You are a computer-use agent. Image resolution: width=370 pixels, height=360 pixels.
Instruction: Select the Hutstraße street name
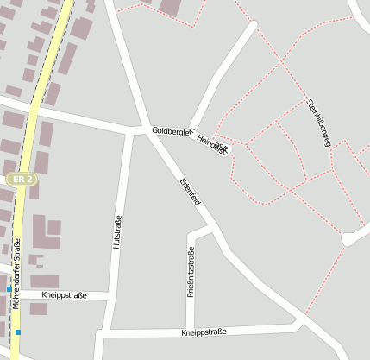tap(117, 232)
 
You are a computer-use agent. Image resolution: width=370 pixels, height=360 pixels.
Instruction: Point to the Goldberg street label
tap(170, 130)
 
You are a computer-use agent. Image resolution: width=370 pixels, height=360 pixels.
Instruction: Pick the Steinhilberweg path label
tap(318, 123)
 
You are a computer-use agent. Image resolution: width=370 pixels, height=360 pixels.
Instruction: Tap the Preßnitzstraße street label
tap(191, 271)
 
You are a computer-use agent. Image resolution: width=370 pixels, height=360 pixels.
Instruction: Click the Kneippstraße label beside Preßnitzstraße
tap(204, 332)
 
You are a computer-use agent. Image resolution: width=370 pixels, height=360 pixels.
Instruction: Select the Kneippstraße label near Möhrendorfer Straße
tap(65, 294)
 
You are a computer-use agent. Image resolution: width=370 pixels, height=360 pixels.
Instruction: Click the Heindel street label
tap(211, 144)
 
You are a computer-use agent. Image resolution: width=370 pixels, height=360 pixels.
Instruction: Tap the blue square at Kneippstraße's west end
tap(21, 289)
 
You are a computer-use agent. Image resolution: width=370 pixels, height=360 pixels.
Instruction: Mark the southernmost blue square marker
tap(17, 332)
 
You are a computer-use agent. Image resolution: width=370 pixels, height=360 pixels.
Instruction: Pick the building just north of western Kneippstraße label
tap(45, 281)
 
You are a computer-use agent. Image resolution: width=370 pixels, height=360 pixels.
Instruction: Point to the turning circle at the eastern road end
tap(349, 238)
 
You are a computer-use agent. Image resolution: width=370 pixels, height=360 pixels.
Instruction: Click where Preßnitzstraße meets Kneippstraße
tap(189, 329)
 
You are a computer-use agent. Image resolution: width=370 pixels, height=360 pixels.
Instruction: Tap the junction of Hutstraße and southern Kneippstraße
tap(106, 332)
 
